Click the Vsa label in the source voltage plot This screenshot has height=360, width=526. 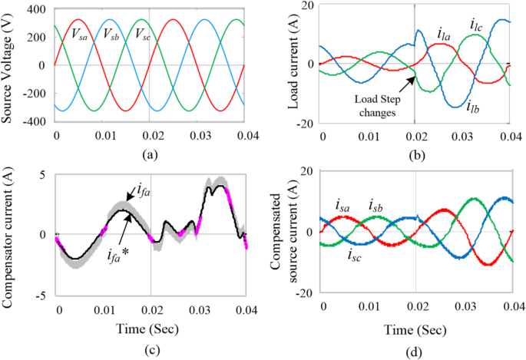point(80,34)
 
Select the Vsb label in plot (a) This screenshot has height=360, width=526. point(111,34)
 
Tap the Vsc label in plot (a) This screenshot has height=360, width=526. point(143,34)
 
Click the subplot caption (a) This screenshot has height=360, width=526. point(150,154)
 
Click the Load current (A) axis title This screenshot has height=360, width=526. point(292,64)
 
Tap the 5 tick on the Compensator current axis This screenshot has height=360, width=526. point(45,175)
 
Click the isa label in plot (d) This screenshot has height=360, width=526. point(343,204)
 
